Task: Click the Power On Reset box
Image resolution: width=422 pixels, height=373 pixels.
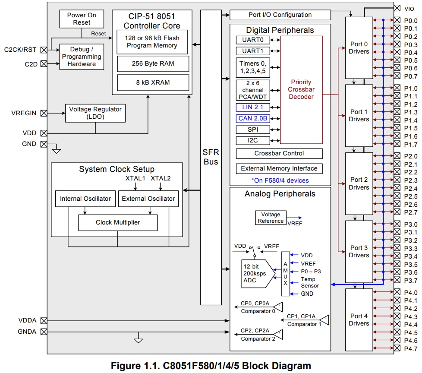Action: [82, 19]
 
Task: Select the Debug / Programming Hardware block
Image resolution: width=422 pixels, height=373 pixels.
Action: [82, 57]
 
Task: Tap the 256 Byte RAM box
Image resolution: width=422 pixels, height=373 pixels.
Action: [153, 63]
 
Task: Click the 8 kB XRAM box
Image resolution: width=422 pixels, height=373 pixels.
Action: [153, 82]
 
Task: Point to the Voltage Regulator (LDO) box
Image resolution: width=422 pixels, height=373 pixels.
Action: [95, 113]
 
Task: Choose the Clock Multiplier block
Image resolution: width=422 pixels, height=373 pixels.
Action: [118, 223]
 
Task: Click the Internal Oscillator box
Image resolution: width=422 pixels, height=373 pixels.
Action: [85, 199]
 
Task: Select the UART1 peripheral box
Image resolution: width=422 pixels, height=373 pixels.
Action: [253, 51]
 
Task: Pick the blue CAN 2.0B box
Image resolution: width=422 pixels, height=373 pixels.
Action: [253, 118]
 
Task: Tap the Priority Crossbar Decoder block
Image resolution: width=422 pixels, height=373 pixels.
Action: [301, 89]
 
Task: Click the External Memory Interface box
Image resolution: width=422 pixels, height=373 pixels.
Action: [279, 168]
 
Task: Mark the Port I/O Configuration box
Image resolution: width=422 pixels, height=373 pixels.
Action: [280, 15]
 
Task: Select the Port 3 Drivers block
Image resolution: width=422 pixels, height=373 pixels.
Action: [359, 251]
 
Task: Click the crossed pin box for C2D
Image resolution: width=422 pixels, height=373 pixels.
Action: [44, 64]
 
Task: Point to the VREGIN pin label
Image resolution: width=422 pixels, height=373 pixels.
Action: [24, 113]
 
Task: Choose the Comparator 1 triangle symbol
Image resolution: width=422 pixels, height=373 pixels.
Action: [325, 320]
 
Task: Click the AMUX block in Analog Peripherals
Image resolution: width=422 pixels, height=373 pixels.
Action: [285, 274]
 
